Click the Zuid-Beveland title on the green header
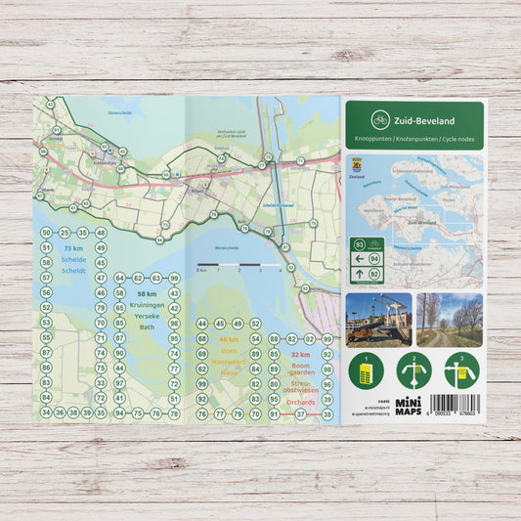(x=425, y=122)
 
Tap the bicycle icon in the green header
(x=379, y=121)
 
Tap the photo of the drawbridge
(x=378, y=320)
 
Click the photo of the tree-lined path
(x=449, y=320)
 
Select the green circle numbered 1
(x=367, y=370)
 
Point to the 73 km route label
(x=73, y=249)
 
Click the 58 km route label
(x=147, y=293)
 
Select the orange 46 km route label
(x=229, y=338)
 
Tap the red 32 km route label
(x=300, y=355)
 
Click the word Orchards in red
(x=301, y=401)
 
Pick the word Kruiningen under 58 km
(x=147, y=305)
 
